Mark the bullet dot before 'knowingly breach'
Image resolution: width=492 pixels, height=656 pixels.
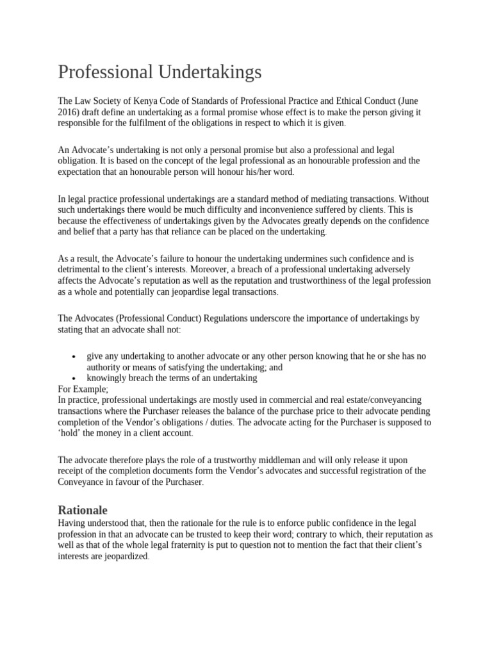click(x=75, y=379)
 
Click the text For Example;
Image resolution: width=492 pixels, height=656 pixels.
click(x=83, y=388)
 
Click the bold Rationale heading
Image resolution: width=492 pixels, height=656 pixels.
click(x=83, y=511)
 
